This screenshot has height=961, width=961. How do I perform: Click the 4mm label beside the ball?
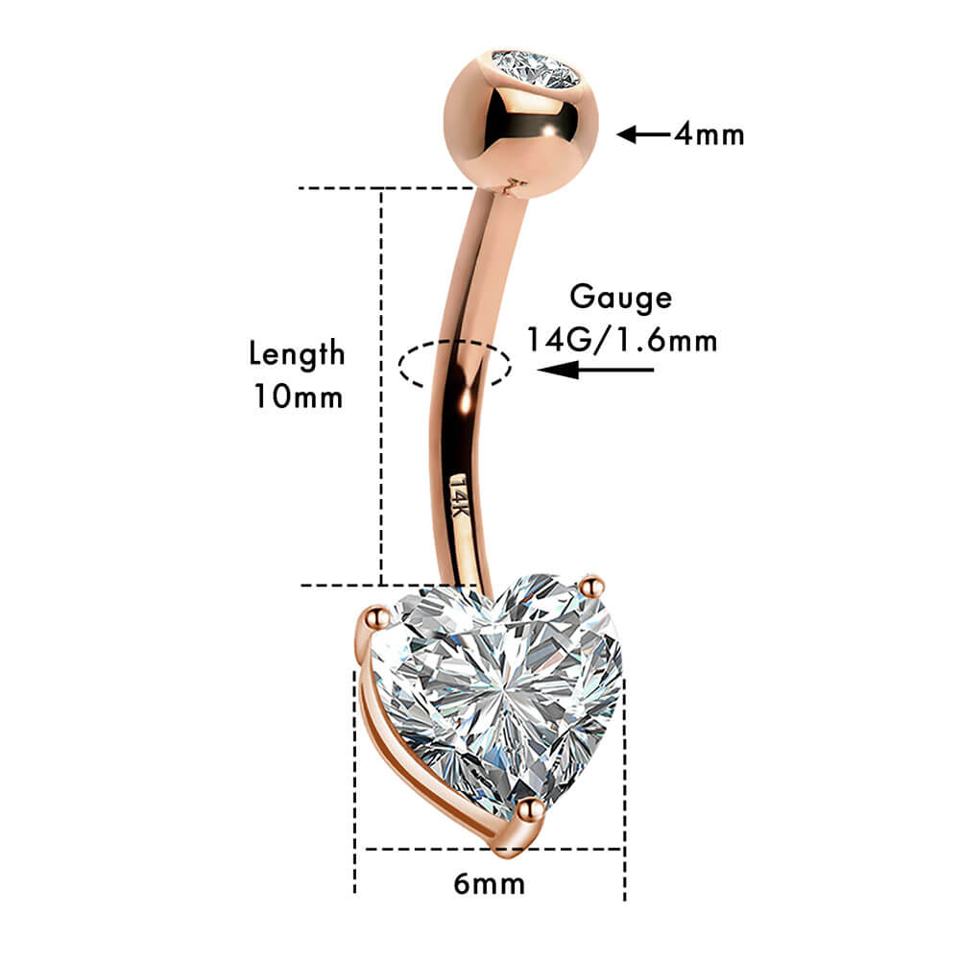click(709, 133)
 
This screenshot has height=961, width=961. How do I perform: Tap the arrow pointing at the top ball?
click(643, 133)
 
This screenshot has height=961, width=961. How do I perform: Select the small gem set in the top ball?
click(536, 69)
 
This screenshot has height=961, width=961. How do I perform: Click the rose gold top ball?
click(520, 124)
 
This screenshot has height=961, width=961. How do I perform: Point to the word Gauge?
click(621, 299)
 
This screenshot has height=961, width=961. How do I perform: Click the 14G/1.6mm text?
click(622, 340)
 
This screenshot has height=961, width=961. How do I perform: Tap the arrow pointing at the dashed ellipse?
click(595, 370)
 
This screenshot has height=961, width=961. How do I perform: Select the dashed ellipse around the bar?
click(454, 365)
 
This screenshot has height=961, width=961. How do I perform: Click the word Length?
click(297, 354)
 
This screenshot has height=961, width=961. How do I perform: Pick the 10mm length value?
click(299, 396)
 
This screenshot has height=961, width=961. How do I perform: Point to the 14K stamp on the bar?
click(459, 495)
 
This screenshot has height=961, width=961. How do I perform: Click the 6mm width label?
click(489, 884)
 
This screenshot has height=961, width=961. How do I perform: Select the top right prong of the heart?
click(592, 587)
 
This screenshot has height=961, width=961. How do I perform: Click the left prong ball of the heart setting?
click(375, 616)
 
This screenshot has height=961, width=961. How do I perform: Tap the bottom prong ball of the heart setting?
click(530, 810)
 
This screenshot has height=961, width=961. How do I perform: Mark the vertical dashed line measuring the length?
click(381, 387)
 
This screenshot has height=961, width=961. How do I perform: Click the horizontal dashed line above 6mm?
click(494, 849)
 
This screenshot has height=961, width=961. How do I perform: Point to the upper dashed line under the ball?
click(386, 188)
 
